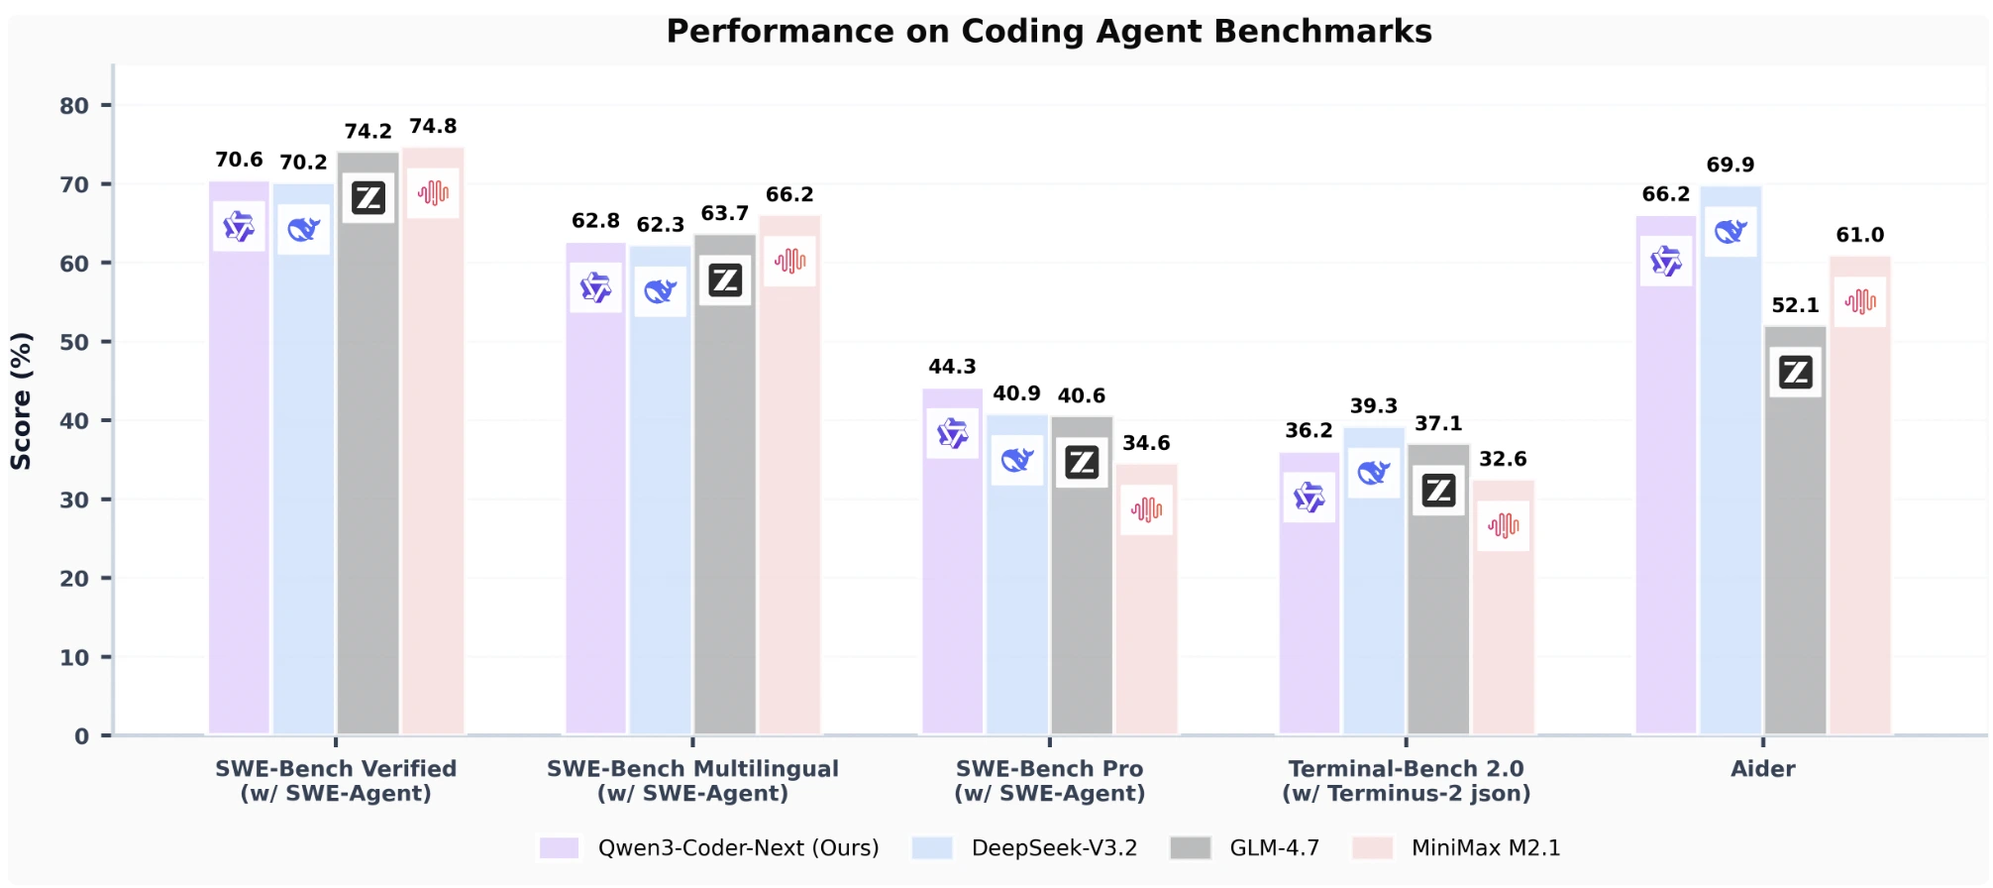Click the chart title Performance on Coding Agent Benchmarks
tap(1048, 32)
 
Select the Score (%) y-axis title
tap(21, 400)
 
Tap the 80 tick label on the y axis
tap(74, 106)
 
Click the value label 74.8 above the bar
tap(433, 127)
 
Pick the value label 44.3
tap(952, 368)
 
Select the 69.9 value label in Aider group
tap(1730, 166)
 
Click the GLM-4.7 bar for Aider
tap(1795, 555)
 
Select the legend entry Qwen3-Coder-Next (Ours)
tap(738, 848)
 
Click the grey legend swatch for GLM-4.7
tap(1190, 848)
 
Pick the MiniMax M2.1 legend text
tap(1485, 848)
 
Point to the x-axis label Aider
tap(1762, 769)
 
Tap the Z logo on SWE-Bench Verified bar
tap(368, 198)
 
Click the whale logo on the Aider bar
tap(1730, 232)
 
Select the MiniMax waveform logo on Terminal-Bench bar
tap(1503, 525)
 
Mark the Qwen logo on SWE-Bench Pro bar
tap(952, 433)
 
